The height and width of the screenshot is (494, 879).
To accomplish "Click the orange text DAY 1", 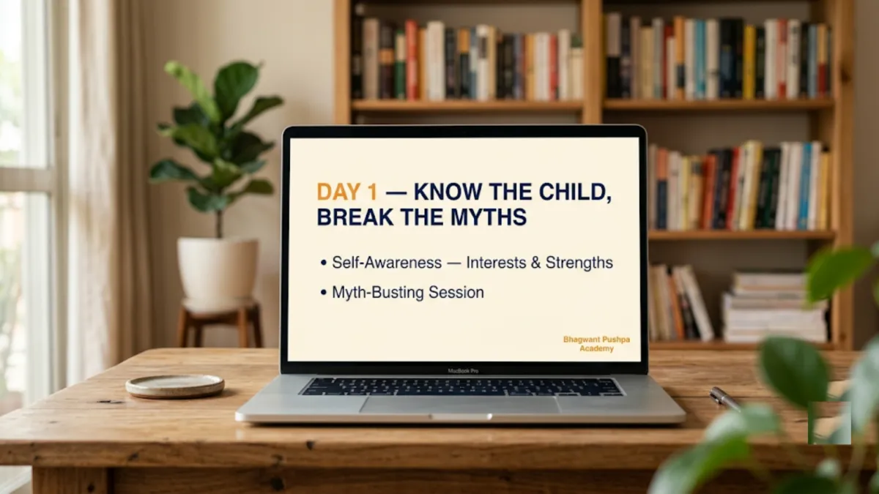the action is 347,192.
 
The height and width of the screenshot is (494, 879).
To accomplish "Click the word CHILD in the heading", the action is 575,192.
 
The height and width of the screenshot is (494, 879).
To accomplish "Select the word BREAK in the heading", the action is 355,217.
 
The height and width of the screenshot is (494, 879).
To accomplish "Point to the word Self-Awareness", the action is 387,262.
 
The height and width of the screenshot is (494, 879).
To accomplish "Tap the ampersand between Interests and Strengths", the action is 535,263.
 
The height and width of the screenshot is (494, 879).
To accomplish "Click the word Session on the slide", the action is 456,293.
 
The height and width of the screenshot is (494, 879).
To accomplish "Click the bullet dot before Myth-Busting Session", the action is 323,293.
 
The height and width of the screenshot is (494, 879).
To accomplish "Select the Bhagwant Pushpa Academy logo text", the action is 596,344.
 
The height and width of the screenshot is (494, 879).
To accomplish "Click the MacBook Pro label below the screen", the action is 463,371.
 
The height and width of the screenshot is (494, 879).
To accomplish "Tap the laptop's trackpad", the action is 459,404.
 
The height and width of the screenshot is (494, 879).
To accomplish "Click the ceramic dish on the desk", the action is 175,386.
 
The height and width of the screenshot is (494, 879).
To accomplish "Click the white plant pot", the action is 218,270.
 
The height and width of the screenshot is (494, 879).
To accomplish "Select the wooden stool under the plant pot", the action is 219,323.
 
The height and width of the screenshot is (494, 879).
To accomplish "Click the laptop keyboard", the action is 461,387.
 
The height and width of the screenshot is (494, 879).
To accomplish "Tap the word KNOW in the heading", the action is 448,192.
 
